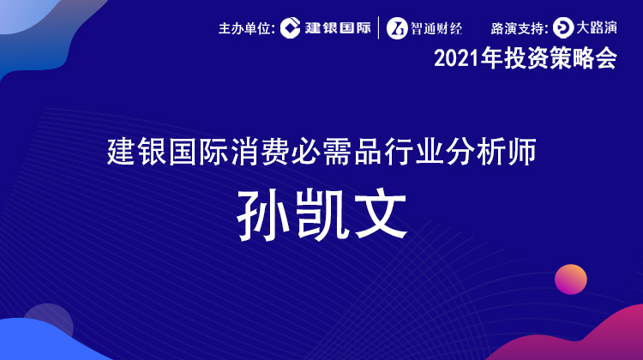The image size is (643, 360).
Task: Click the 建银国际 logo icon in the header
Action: point(291,28)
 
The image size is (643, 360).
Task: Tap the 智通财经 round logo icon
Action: point(397,28)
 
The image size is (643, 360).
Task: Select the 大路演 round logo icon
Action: point(563,28)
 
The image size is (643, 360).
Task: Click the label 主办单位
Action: point(243,28)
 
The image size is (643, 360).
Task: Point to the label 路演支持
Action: point(516,28)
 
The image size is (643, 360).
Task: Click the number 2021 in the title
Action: point(456,58)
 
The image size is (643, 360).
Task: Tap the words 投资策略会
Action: point(560,58)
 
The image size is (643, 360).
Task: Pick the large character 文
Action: point(381,215)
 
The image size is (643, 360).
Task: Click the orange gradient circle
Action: point(570,279)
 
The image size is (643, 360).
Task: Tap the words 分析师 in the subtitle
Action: point(491,152)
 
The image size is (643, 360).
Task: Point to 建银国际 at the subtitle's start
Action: point(168,152)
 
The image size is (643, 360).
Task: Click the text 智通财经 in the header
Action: point(436,28)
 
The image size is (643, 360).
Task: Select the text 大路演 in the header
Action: point(596,28)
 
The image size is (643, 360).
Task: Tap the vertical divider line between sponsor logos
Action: point(378,28)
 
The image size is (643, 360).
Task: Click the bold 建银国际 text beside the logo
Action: point(338,28)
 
